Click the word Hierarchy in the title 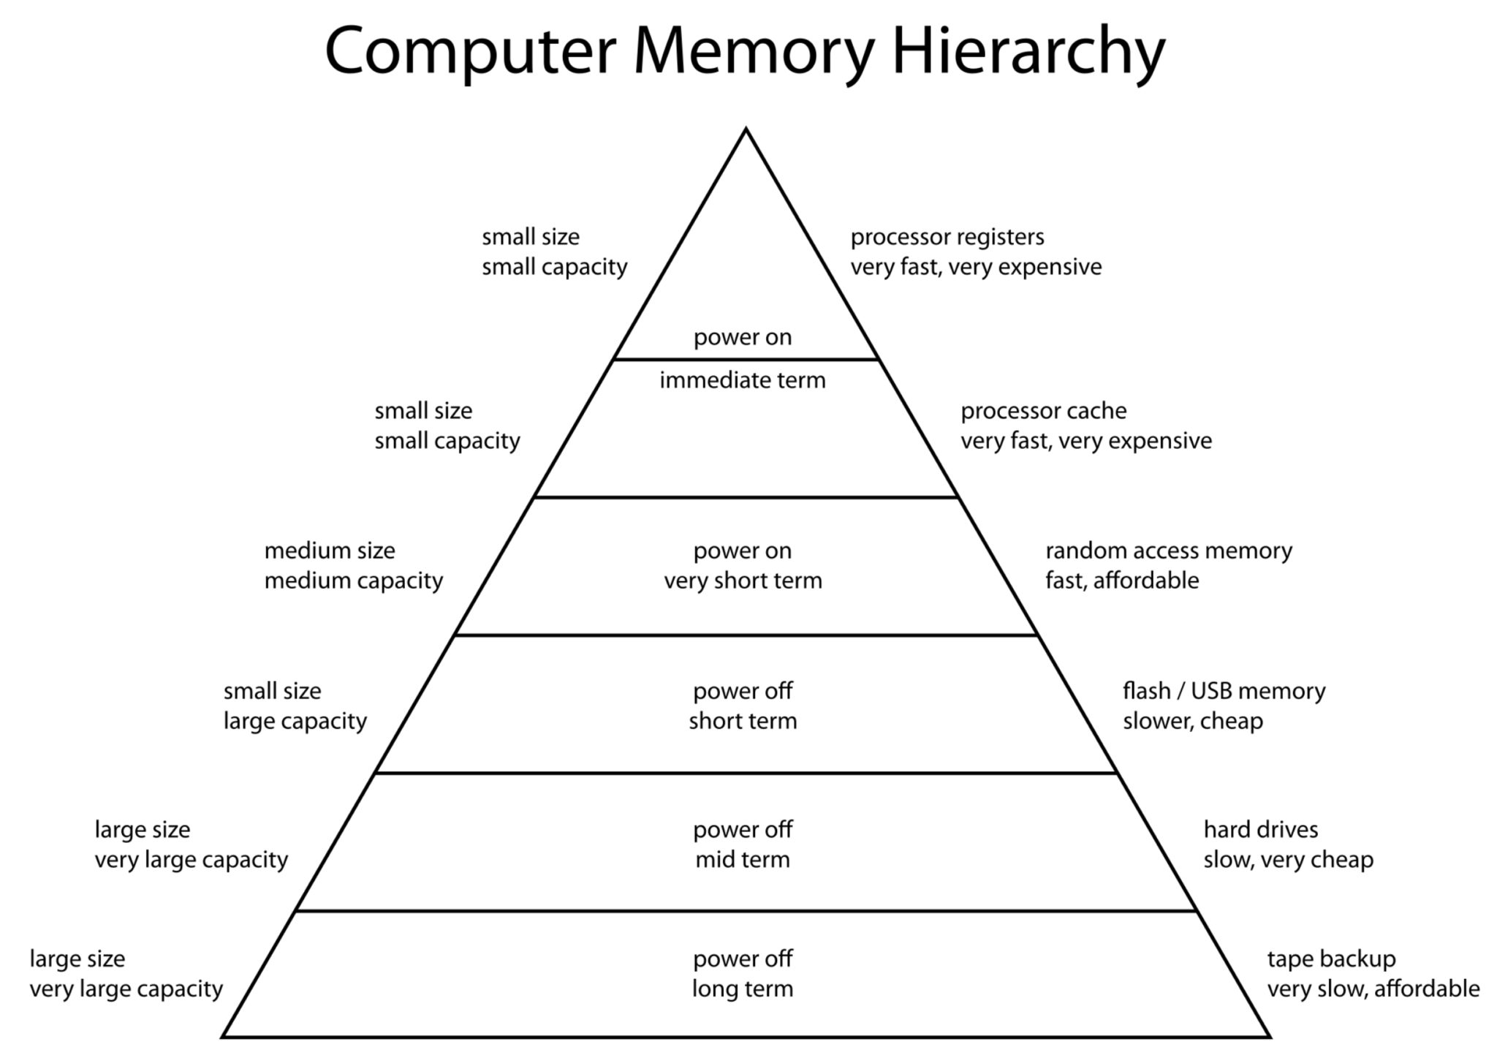point(1028,51)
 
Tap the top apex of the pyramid point(746,130)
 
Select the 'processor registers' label point(947,237)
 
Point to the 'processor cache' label point(1043,411)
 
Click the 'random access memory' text point(1168,551)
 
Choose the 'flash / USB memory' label point(1224,691)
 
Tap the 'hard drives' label point(1261,830)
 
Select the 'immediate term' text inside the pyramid point(743,380)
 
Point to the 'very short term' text point(743,581)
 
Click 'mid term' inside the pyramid point(743,860)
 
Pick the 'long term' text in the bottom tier point(743,989)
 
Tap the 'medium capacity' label point(354,581)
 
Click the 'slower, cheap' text point(1193,721)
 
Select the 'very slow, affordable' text point(1373,989)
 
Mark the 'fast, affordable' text point(1122,581)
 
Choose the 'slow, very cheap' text point(1288,860)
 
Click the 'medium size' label point(330,551)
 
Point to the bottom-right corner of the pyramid point(1269,1036)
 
